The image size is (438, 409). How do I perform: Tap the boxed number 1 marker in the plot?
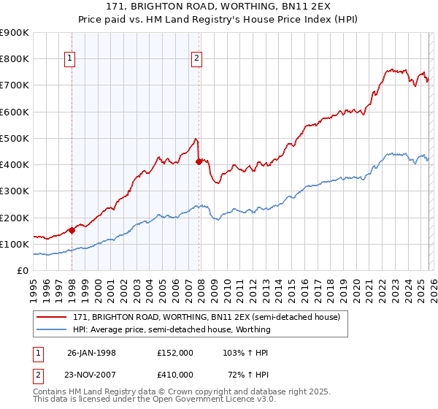coord(70,58)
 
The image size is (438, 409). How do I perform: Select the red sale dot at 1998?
coord(72,230)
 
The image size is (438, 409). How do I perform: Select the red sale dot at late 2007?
coord(199,162)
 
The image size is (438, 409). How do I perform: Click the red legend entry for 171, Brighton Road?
coord(206,318)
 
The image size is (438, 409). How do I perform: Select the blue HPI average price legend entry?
coord(172,329)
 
